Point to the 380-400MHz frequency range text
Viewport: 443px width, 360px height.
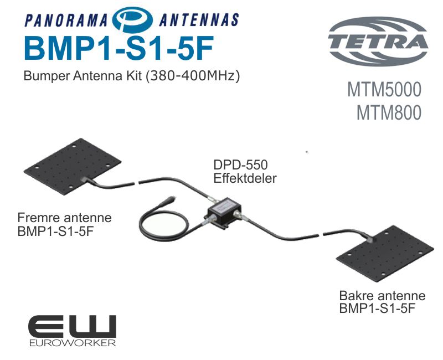click(192, 76)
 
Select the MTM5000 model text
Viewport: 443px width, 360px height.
click(384, 90)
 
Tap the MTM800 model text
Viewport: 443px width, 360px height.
click(389, 112)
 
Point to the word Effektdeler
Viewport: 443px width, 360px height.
click(244, 178)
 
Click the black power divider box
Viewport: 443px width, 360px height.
click(224, 212)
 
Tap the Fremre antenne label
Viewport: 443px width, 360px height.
click(64, 218)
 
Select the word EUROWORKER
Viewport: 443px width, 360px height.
click(73, 343)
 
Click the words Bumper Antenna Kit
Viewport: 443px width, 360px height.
click(82, 76)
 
